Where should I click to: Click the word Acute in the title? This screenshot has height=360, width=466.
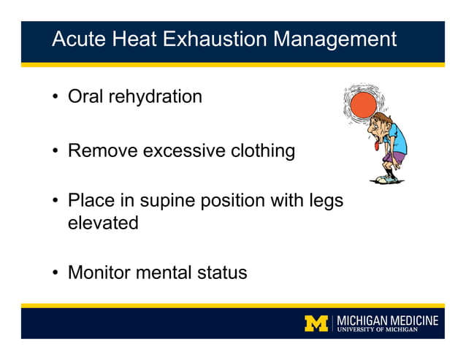(76, 39)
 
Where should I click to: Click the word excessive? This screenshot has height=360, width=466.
(183, 151)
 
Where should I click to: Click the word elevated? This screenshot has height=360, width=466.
(103, 223)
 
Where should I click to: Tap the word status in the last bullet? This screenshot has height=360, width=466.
(223, 273)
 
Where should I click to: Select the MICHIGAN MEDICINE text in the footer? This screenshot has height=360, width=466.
(387, 320)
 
